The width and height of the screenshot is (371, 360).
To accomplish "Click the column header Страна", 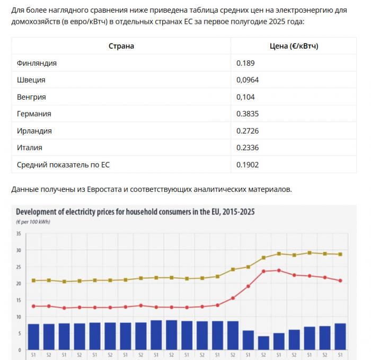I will [x=121, y=46].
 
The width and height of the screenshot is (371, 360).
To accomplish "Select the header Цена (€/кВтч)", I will [x=294, y=46].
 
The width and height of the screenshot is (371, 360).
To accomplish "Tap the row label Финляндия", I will [x=37, y=63].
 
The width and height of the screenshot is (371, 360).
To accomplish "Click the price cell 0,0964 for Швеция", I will [x=248, y=80].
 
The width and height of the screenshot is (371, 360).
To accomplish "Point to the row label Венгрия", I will [x=31, y=97].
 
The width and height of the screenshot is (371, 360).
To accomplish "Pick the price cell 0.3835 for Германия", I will [x=248, y=114].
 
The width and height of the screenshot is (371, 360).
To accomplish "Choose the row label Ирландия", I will [x=34, y=131].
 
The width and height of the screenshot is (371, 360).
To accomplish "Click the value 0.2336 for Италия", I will [x=248, y=148].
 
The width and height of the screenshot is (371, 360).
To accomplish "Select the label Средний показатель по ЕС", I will [x=63, y=165].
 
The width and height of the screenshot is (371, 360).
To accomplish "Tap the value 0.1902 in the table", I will [x=248, y=165].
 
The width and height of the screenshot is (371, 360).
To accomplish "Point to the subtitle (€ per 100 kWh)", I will [x=33, y=222].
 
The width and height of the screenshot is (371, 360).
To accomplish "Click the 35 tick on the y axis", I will [x=19, y=233].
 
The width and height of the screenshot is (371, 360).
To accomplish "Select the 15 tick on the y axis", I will [x=19, y=300].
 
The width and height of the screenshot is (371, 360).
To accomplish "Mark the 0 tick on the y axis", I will [x=20, y=350].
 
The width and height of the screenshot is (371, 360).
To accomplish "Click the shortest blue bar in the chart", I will [x=263, y=341].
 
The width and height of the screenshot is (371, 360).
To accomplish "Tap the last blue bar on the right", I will [x=340, y=335].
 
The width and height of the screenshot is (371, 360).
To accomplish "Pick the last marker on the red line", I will [x=340, y=280].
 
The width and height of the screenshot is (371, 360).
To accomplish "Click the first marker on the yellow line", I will [x=33, y=280].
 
